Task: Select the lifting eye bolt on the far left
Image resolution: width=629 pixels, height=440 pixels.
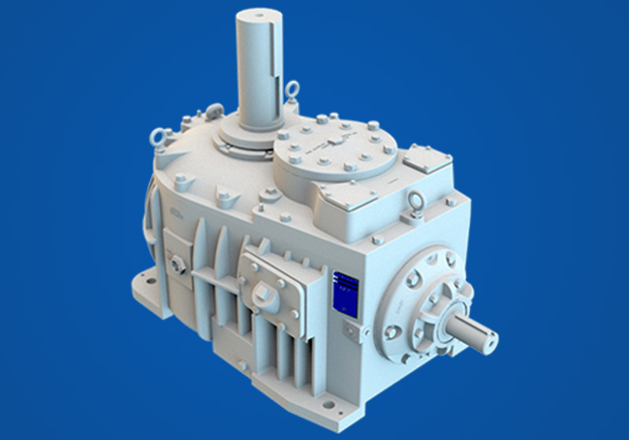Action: tap(157, 138)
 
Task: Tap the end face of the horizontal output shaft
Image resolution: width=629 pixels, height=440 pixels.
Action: tap(488, 339)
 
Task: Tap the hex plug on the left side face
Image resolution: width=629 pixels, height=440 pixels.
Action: tap(178, 263)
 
